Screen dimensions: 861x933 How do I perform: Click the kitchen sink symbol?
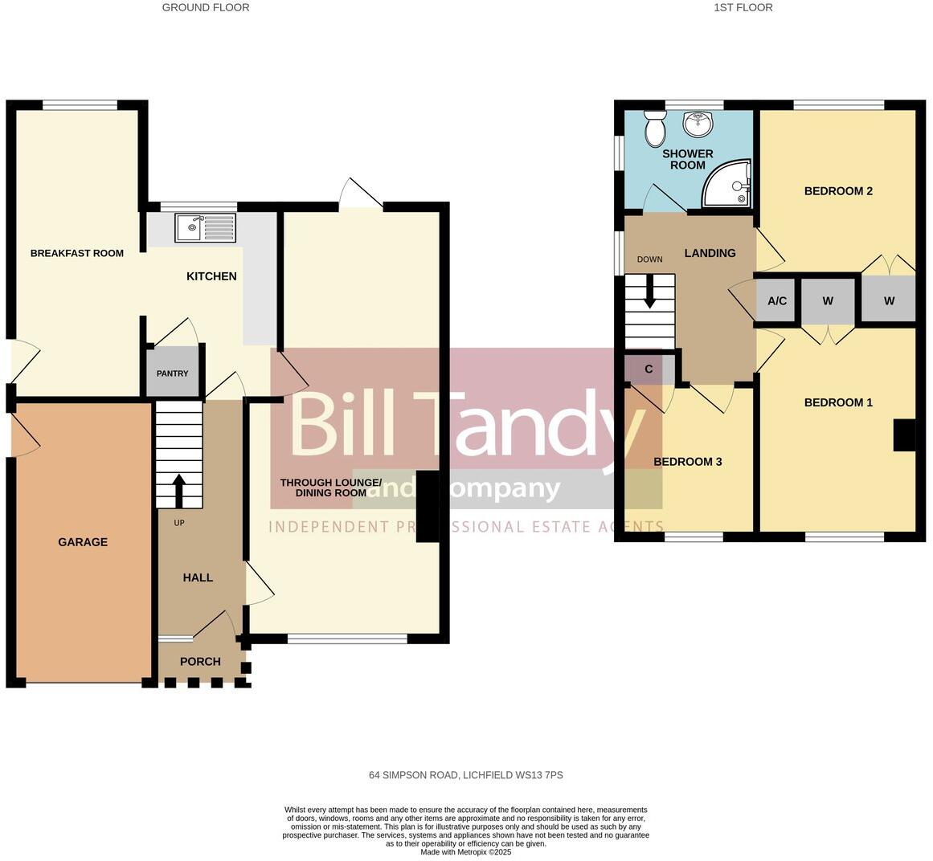click(x=207, y=228)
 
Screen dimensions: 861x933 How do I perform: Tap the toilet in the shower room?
click(x=655, y=127)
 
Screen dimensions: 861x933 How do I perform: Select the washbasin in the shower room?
click(x=698, y=124)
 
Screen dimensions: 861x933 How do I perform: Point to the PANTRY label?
click(x=172, y=373)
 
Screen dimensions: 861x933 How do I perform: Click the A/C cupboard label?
click(x=777, y=301)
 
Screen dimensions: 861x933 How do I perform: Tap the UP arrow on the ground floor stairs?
click(x=178, y=491)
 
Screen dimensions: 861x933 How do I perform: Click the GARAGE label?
click(x=83, y=542)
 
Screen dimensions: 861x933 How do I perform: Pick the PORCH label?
click(x=200, y=662)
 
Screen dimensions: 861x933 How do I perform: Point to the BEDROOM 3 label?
click(x=687, y=462)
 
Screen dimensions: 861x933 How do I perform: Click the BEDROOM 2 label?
click(x=838, y=191)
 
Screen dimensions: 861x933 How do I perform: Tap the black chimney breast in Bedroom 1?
click(x=904, y=435)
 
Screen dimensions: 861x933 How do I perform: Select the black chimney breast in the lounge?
click(x=428, y=508)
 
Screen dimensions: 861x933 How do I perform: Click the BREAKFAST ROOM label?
click(x=77, y=254)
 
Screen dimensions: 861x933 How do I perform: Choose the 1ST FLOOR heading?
click(x=743, y=8)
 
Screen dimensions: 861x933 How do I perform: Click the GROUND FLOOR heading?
click(x=206, y=8)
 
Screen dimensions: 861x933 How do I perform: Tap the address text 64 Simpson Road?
click(x=465, y=776)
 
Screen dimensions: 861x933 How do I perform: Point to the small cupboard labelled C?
click(x=649, y=369)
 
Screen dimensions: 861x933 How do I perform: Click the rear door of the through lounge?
click(x=360, y=196)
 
